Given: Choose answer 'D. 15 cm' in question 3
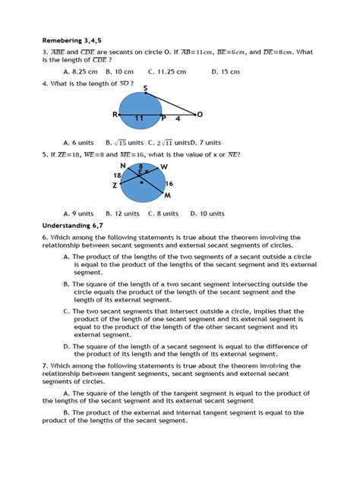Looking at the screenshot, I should [x=224, y=71].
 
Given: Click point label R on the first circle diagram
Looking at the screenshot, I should [x=115, y=115].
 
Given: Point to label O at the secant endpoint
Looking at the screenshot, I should [x=200, y=115].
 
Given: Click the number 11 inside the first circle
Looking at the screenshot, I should [x=139, y=118].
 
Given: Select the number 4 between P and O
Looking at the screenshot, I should [x=179, y=118].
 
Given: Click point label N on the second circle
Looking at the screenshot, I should [x=122, y=165].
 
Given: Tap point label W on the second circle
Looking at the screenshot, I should [x=164, y=167].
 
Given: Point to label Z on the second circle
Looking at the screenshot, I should [x=115, y=185].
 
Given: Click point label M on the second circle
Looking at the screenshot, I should [x=168, y=194].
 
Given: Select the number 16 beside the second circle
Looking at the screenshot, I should [x=168, y=183].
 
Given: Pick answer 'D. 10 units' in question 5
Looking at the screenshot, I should [x=207, y=213].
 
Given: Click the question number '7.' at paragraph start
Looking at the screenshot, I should [x=45, y=365].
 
